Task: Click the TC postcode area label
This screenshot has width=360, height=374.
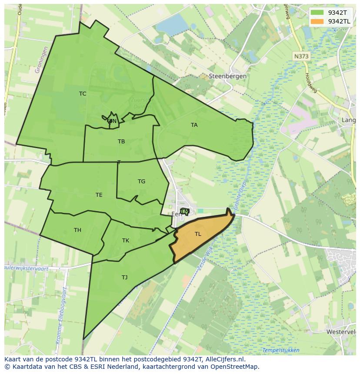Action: [83, 94]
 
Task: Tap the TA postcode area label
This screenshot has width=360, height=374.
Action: [194, 125]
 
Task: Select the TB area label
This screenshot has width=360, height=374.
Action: [121, 142]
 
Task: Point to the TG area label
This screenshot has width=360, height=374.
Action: [141, 182]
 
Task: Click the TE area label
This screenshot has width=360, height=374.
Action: [99, 195]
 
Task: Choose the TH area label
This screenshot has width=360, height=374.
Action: [77, 230]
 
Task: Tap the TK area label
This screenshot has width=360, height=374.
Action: [126, 241]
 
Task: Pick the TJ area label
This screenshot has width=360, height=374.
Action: [125, 278]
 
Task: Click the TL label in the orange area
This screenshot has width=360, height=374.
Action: [198, 234]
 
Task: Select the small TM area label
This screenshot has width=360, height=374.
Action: [185, 212]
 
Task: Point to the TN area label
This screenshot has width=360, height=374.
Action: [113, 121]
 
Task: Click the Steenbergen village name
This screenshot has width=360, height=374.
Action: [228, 76]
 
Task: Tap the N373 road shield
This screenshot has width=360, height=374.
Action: [301, 56]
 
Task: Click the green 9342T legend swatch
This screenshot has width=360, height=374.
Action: [317, 13]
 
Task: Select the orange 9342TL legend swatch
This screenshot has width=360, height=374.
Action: [317, 21]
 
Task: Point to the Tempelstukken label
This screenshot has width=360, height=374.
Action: [281, 350]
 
